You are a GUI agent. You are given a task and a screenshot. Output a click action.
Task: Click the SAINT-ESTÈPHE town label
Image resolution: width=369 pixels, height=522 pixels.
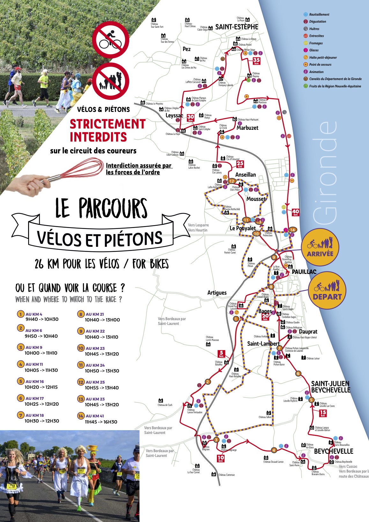coord(237,27)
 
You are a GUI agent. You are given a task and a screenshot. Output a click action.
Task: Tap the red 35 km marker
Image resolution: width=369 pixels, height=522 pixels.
coord(256,61)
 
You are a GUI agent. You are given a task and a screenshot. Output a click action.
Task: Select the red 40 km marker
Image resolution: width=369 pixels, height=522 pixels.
coord(296,212)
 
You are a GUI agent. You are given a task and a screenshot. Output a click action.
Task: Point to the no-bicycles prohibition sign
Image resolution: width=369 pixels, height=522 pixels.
coord(111,40)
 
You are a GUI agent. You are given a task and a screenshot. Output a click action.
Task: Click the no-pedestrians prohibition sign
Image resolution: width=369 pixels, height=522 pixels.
coord(111,81)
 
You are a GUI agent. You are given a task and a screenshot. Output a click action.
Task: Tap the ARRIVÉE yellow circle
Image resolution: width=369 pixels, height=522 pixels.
coord(320,247)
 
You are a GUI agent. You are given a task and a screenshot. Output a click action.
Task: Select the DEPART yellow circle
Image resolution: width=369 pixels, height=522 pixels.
coord(327,290)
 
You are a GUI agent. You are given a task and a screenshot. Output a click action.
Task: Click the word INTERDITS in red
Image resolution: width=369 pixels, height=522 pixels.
coord(98,137)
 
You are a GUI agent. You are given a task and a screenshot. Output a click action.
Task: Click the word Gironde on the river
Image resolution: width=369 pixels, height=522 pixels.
coord(325,172)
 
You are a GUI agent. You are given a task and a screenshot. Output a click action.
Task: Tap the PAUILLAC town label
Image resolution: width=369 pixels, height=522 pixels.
coord(304,272)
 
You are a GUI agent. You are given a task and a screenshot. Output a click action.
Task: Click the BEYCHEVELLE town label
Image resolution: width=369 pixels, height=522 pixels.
coord(334,451)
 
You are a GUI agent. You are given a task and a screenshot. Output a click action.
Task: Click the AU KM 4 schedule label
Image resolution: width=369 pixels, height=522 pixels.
coord(34,314)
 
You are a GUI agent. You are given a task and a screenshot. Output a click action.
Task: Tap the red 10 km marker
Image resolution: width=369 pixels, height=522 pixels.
coord(221,459)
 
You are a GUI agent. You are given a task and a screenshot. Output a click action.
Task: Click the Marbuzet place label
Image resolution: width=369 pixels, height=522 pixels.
coord(247,128)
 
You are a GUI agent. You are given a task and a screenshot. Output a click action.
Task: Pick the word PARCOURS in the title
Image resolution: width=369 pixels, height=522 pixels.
coord(113,209)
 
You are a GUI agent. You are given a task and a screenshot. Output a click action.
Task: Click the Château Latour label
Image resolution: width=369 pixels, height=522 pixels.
coord(313,358)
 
